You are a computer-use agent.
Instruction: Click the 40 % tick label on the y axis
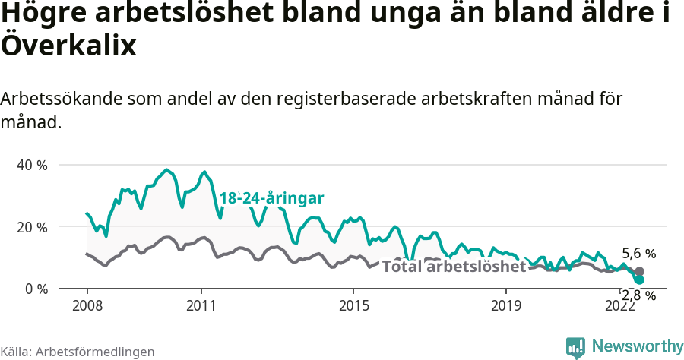[x=31, y=165]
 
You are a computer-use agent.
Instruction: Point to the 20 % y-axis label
[x=31, y=227]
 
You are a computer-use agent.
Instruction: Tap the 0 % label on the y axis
[x=35, y=289]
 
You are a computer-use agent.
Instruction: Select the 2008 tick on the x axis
[x=87, y=305]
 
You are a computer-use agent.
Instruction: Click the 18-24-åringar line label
[x=272, y=198]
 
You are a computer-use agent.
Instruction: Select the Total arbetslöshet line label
[x=454, y=267]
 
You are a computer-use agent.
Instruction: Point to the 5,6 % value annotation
[x=638, y=254]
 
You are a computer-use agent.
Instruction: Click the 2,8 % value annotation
[x=638, y=295]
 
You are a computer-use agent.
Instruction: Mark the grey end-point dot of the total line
[x=640, y=271]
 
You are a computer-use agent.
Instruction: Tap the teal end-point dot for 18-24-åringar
[x=640, y=280]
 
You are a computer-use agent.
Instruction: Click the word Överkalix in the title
[x=68, y=46]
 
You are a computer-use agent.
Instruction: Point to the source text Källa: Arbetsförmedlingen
[x=78, y=352]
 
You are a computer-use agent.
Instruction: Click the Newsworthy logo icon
[x=575, y=347]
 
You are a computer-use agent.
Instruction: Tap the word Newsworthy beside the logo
[x=637, y=347]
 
